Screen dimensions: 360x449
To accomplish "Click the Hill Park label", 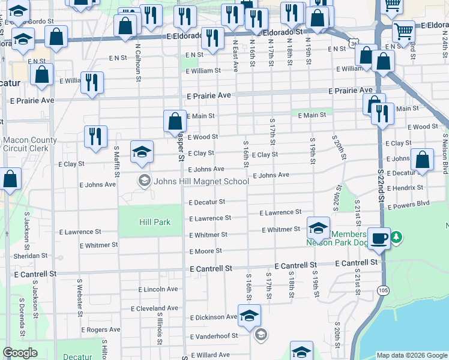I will coord(155,222).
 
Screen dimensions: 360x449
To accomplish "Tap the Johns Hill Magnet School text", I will coord(201,181).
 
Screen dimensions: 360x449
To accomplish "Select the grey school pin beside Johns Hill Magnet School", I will coord(144,180).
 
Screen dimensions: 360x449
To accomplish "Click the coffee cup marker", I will coord(379,238).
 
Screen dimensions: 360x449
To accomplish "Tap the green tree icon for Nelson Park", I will coord(396,238).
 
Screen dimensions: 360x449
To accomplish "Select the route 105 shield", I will coord(382,290).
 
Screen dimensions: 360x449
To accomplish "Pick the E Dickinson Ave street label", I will coord(214,317).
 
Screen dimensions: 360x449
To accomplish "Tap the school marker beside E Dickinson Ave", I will coord(249,316).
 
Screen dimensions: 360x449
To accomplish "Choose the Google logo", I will coord(20,353).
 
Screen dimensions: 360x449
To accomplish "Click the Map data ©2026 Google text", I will coord(411,355).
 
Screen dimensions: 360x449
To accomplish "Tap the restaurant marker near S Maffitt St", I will coord(95,137).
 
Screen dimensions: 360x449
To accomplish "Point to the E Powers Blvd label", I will coord(409,204).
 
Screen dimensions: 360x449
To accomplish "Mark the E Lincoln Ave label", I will coord(158,289).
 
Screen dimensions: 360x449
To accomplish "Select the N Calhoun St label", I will coord(137,59).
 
